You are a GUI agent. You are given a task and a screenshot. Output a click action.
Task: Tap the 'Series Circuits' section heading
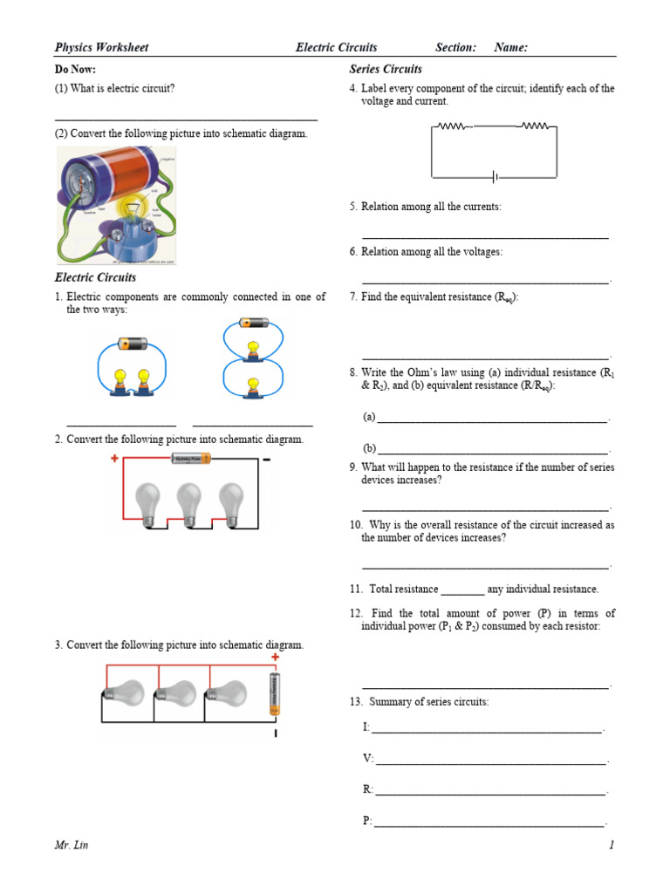(x=386, y=69)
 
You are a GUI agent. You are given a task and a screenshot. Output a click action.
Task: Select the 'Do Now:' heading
(x=75, y=69)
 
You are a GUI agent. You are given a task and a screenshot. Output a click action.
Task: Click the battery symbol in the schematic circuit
(x=495, y=177)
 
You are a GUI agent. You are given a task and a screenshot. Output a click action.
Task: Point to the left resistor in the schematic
(x=452, y=126)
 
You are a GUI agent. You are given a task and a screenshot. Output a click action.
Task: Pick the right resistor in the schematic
(x=535, y=126)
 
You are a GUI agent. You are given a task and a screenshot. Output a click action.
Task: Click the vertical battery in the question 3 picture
(x=276, y=694)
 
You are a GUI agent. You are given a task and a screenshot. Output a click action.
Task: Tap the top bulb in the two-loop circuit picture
(x=252, y=348)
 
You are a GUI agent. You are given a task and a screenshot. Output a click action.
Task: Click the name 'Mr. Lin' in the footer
(x=72, y=845)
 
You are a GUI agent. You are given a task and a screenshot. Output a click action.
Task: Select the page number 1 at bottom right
(x=612, y=845)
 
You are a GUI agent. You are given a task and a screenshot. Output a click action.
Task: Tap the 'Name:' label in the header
(x=510, y=47)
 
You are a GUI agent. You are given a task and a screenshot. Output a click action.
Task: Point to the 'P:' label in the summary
(x=367, y=821)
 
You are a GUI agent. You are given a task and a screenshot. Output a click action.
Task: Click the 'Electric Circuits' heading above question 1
(x=95, y=277)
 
